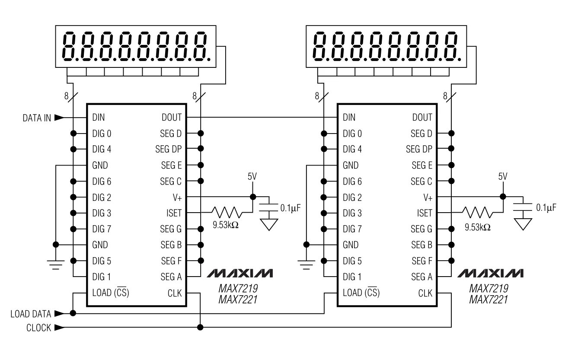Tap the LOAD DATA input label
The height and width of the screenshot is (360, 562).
point(31,314)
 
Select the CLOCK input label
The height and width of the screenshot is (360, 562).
point(38,328)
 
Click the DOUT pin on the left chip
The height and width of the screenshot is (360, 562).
point(172,118)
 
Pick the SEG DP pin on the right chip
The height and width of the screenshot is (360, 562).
point(419,150)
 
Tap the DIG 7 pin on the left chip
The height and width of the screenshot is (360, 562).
point(102,229)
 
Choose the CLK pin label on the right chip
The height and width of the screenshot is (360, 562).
point(425,293)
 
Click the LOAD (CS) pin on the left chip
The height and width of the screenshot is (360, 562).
point(111,293)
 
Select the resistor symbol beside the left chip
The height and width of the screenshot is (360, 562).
point(226,213)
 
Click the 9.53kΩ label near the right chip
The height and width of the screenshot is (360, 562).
point(477,227)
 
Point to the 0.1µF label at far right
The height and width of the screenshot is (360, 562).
point(546,208)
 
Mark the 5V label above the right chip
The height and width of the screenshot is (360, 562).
point(502,177)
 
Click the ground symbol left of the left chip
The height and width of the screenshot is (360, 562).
point(56,264)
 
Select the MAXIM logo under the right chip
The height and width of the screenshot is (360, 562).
point(490,274)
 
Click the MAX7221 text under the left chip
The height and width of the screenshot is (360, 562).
point(238,299)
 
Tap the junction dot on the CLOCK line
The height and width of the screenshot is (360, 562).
point(200,328)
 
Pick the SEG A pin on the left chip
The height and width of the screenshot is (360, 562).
point(171,277)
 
